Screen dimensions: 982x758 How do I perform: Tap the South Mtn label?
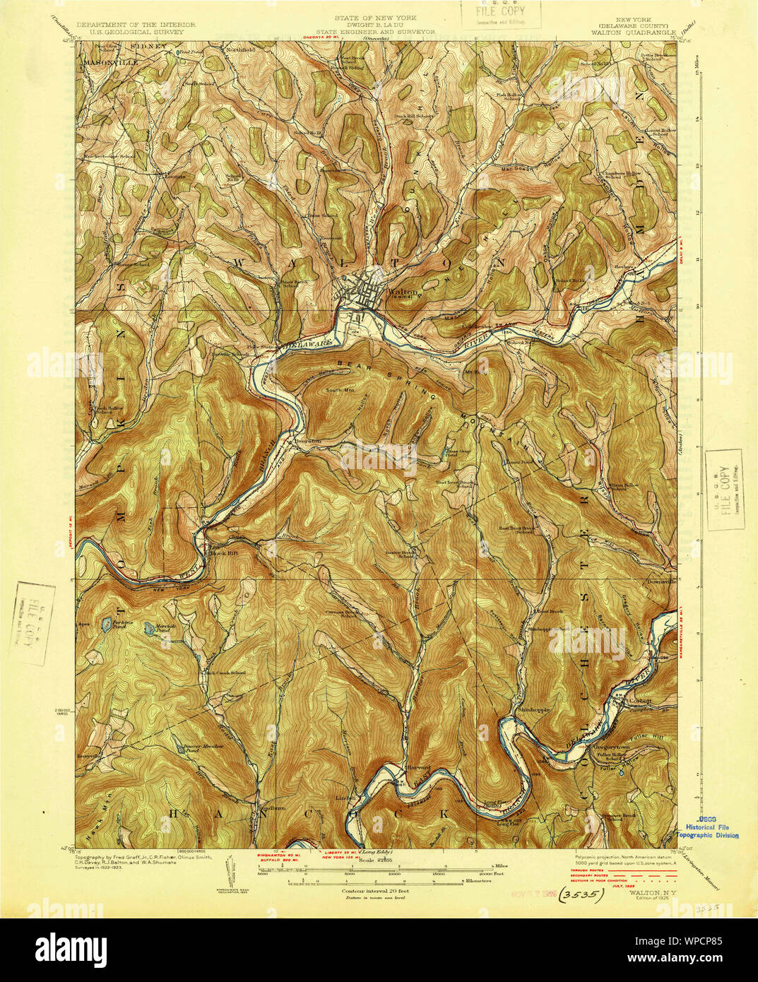337,390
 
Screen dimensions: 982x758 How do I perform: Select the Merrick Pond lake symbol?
150,627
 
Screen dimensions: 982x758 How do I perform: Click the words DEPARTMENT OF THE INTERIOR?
136,25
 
